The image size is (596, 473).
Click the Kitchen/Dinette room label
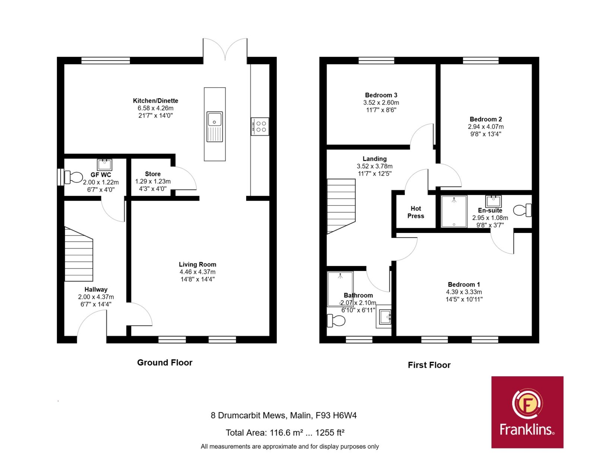[x=155, y=101]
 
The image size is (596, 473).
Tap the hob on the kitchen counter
[x=260, y=127]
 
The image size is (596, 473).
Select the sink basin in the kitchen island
[x=214, y=119]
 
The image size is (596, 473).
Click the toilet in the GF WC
[x=73, y=178]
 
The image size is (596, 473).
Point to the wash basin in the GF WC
[x=104, y=165]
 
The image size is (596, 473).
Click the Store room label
[x=153, y=174]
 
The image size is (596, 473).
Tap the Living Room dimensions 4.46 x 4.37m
[x=197, y=272]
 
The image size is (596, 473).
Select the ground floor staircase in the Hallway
[x=79, y=254]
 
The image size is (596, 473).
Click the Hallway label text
[x=96, y=290]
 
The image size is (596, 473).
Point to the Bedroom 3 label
[x=381, y=95]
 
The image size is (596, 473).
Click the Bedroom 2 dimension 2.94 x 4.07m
[x=486, y=127]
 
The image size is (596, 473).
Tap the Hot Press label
[x=416, y=212]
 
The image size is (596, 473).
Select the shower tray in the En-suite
[x=454, y=212]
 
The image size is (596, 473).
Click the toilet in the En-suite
[x=522, y=210]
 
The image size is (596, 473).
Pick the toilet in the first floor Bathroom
[x=336, y=320]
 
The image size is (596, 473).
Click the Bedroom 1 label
[x=464, y=285]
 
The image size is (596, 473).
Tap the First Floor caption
[x=429, y=365]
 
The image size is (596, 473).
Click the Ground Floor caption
[x=165, y=362]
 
